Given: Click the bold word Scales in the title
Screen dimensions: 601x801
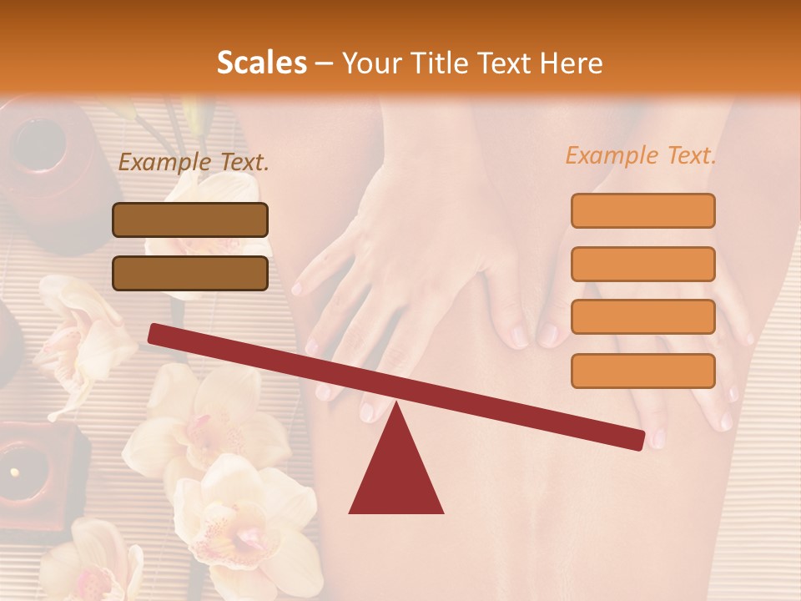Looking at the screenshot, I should click(x=261, y=63).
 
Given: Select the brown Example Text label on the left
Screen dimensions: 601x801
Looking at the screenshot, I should click(x=194, y=163).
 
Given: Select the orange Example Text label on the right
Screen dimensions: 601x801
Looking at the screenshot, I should click(x=641, y=155).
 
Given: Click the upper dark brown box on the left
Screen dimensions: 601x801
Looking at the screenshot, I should click(x=190, y=220).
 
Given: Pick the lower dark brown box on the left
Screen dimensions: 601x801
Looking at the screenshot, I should click(x=190, y=273).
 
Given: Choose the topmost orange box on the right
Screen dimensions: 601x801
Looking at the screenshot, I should click(x=642, y=210).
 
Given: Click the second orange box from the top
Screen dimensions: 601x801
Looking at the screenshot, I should click(x=642, y=264).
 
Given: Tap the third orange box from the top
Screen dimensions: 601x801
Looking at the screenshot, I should click(x=642, y=317).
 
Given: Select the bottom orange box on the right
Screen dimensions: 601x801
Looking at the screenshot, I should click(x=642, y=371).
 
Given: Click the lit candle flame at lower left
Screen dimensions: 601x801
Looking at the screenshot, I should click(x=14, y=472).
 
